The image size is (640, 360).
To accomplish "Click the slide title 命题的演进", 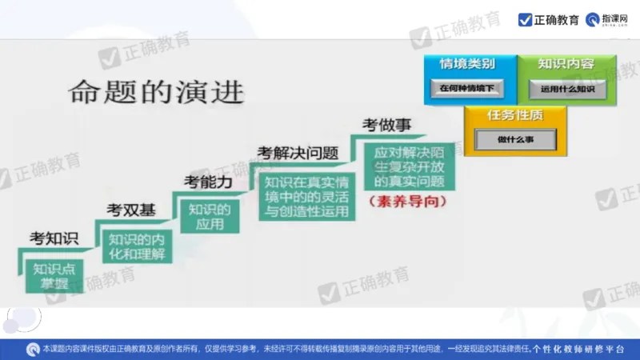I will [156, 92].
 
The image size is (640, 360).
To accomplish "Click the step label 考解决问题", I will [298, 152].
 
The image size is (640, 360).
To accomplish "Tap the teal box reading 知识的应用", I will [210, 217].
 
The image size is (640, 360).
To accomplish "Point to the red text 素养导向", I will [408, 202].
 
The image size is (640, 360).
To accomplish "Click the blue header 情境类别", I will [467, 64].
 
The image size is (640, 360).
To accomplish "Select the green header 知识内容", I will [566, 64].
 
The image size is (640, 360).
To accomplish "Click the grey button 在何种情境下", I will [467, 89].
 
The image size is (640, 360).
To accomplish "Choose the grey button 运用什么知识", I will [567, 89].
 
